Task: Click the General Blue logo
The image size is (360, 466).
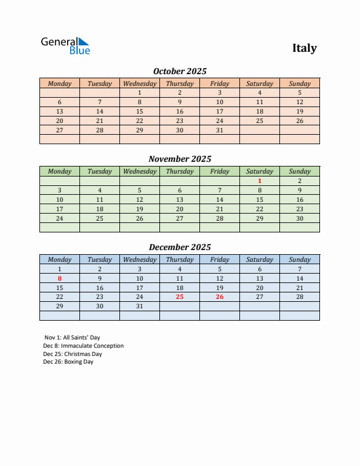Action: click(x=65, y=46)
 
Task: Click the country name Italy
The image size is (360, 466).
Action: click(x=304, y=48)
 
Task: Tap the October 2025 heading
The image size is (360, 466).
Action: click(x=180, y=71)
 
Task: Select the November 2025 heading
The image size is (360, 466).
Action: click(x=180, y=159)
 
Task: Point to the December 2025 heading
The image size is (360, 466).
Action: click(x=180, y=247)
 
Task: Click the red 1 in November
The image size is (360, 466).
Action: click(x=259, y=181)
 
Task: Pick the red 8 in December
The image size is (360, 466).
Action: click(x=59, y=278)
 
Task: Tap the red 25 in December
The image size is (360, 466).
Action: click(x=179, y=297)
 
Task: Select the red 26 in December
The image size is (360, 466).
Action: click(x=219, y=297)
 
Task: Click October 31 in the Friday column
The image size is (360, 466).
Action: click(x=219, y=130)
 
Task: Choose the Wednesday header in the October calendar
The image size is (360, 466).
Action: click(x=139, y=84)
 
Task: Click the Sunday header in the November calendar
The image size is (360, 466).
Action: click(x=299, y=171)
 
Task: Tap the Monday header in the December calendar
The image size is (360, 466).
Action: click(x=59, y=259)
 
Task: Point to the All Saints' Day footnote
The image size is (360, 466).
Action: click(x=72, y=338)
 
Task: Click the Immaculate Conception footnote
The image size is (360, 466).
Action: click(x=84, y=346)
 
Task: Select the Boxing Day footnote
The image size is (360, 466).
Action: click(x=68, y=362)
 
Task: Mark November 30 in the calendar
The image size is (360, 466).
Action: click(x=299, y=218)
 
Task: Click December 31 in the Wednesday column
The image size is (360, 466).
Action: click(x=139, y=307)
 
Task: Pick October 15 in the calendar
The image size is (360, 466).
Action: click(x=139, y=111)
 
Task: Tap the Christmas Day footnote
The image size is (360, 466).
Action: click(x=72, y=354)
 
